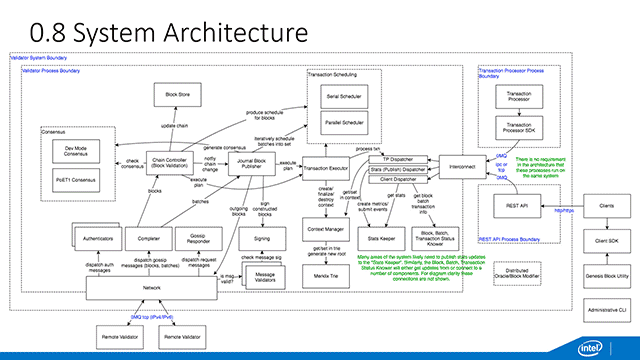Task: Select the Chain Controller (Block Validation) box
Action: tap(174, 165)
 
